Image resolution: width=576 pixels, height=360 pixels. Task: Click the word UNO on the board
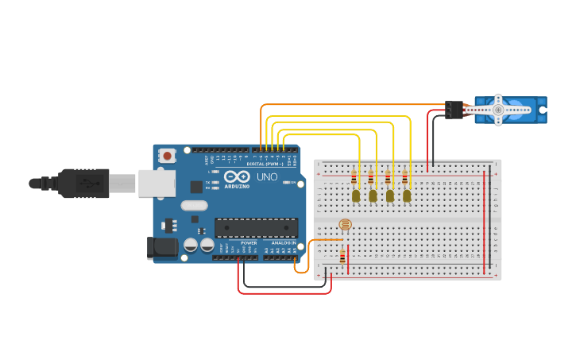[x=268, y=176]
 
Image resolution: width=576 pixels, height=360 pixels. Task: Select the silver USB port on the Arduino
[x=157, y=183]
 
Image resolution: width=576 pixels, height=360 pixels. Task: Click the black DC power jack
[x=163, y=248]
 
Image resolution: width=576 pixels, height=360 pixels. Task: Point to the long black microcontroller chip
[x=256, y=227]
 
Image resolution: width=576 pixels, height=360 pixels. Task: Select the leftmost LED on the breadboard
[x=356, y=195]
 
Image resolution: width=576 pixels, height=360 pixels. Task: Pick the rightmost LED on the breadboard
[x=407, y=195]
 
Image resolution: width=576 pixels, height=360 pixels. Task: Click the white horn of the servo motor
[x=498, y=110]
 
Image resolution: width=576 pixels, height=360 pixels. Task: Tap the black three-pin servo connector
[x=454, y=109]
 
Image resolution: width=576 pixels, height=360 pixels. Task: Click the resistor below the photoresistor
[x=342, y=257]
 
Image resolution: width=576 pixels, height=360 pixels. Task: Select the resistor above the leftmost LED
[x=354, y=177]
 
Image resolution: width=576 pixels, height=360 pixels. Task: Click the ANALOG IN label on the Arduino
[x=284, y=243]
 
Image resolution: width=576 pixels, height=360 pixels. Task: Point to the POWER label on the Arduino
[x=249, y=243]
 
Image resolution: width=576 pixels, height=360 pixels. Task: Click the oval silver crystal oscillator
[x=193, y=205]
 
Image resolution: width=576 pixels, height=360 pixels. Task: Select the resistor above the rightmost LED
[x=404, y=177]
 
